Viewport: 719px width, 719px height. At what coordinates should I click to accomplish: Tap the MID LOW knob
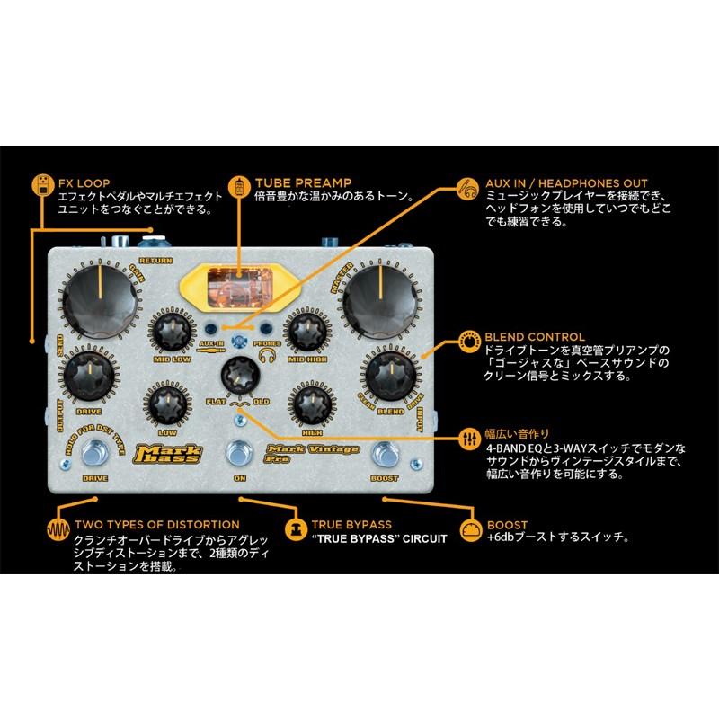(x=172, y=335)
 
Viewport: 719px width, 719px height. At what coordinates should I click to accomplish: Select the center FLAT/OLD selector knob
(x=239, y=373)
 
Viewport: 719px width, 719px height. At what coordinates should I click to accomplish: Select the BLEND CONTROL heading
(x=534, y=337)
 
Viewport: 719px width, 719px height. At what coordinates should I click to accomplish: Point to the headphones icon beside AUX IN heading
(x=466, y=187)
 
